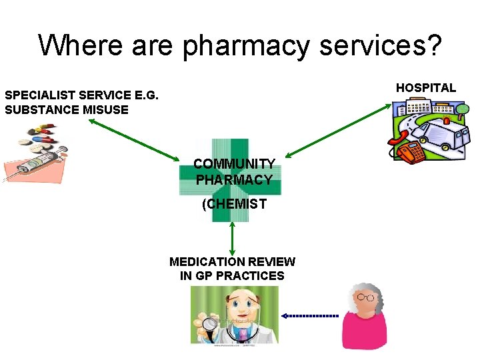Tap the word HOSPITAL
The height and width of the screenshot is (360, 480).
click(x=426, y=87)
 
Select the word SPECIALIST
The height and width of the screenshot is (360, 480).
click(x=40, y=95)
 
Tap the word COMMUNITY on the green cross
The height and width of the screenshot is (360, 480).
click(x=234, y=164)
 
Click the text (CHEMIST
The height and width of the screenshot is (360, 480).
click(x=234, y=204)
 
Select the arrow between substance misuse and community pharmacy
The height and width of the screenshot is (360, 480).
click(x=133, y=141)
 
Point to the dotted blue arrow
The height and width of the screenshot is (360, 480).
click(x=309, y=315)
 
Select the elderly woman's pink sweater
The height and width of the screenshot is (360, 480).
click(x=364, y=333)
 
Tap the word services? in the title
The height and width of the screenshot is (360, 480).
click(x=377, y=45)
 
